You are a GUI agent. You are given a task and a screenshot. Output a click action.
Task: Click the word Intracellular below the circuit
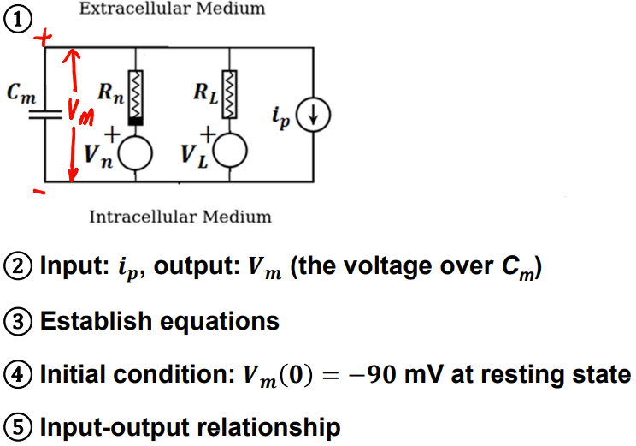click(143, 217)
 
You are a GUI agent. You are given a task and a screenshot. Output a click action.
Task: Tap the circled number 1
click(18, 20)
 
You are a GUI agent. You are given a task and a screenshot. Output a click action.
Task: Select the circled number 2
click(18, 266)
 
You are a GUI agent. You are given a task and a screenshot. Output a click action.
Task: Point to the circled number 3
click(18, 321)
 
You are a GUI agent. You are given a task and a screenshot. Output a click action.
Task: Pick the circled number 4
click(18, 374)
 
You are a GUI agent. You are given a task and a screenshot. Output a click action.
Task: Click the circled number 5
click(18, 427)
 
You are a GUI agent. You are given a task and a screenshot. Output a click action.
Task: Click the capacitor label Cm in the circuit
click(21, 93)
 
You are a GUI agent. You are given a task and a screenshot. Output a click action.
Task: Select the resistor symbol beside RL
click(230, 94)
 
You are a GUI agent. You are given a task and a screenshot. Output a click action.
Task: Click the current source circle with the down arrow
click(313, 115)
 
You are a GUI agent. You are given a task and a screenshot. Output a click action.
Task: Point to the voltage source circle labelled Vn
click(135, 152)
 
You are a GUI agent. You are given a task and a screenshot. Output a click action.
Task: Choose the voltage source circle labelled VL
click(230, 151)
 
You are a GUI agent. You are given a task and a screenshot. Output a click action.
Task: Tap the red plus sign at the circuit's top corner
click(43, 39)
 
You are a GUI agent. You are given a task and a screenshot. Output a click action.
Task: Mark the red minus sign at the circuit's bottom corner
click(39, 192)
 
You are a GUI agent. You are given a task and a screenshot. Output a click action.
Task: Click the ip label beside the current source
click(281, 116)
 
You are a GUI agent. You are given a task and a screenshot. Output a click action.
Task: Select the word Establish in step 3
click(97, 321)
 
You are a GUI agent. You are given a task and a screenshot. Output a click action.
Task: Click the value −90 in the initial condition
click(372, 374)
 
